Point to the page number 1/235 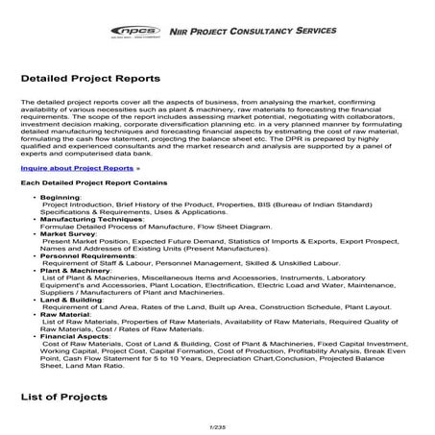[216, 426]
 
